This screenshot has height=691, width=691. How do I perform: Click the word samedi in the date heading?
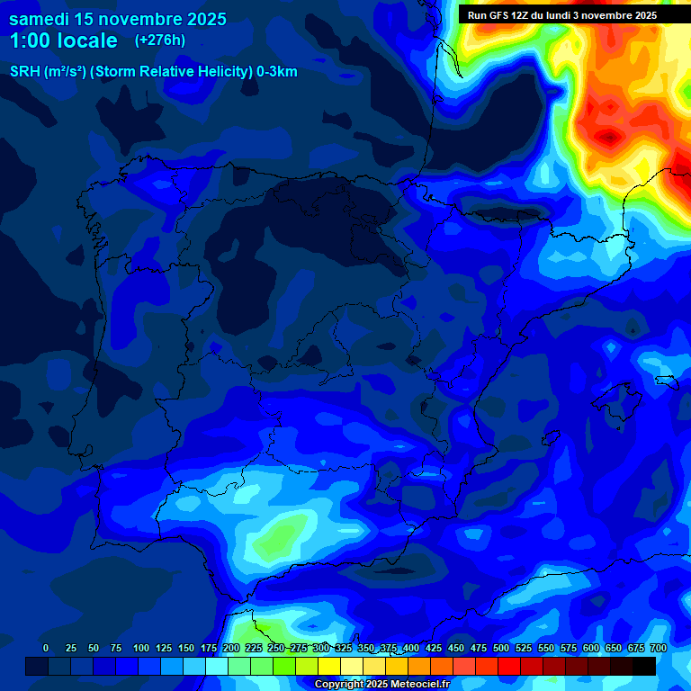click(39, 19)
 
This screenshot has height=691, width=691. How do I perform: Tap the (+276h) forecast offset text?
click(159, 40)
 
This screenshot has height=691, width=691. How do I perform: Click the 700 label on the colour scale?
click(658, 648)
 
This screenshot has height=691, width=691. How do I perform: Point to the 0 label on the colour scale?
click(46, 648)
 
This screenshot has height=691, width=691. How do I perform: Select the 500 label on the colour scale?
click(501, 648)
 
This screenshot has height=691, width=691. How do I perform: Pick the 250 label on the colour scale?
click(276, 648)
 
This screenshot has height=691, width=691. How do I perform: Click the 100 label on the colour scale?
click(141, 648)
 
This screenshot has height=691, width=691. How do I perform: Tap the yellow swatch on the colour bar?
click(329, 666)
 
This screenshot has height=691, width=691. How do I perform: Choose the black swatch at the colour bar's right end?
click(644, 666)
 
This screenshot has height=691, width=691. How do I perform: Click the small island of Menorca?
click(667, 381)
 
